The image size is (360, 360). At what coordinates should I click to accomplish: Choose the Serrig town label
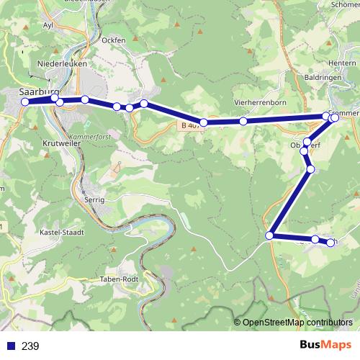(x=94, y=199)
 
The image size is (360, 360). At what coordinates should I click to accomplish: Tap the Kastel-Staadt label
(x=63, y=233)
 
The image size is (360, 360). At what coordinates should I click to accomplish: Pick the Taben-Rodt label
(x=120, y=279)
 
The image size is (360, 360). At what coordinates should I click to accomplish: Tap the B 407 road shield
(x=189, y=125)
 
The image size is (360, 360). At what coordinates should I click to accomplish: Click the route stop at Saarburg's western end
(x=25, y=102)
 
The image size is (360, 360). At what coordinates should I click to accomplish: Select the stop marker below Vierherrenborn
(x=243, y=121)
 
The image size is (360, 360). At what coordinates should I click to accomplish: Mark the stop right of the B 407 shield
(x=204, y=122)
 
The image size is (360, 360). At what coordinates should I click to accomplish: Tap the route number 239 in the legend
(x=30, y=346)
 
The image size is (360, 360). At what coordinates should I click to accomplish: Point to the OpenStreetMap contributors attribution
(x=297, y=323)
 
